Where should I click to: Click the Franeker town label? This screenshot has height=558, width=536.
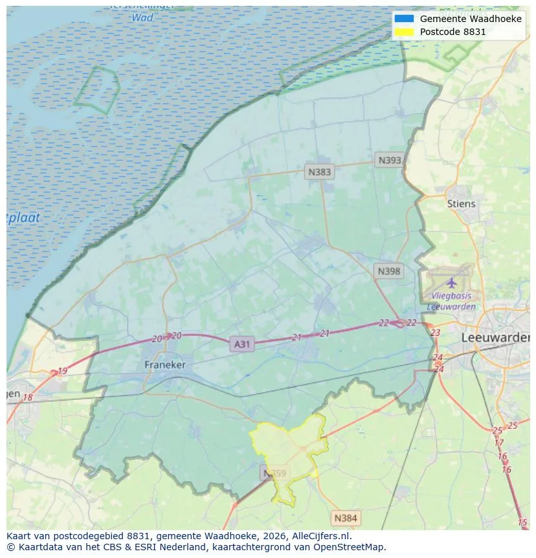pyautogui.click(x=164, y=365)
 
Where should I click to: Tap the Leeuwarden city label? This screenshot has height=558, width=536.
pyautogui.click(x=495, y=338)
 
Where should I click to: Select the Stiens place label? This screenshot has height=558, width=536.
pyautogui.click(x=461, y=203)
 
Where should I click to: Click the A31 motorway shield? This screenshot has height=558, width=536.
pyautogui.click(x=241, y=344)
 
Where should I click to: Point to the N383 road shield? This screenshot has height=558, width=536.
pyautogui.click(x=319, y=172)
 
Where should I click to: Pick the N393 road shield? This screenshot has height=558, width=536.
pyautogui.click(x=390, y=160)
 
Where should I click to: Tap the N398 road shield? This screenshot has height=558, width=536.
pyautogui.click(x=388, y=271)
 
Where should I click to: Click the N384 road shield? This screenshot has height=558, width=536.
pyautogui.click(x=345, y=518)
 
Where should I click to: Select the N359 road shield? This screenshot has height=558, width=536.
pyautogui.click(x=274, y=473)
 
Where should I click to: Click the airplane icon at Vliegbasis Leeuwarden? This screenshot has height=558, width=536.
pyautogui.click(x=451, y=283)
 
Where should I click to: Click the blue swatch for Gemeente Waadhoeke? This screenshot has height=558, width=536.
pyautogui.click(x=404, y=19)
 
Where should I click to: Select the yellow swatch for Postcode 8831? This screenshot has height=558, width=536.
pyautogui.click(x=404, y=31)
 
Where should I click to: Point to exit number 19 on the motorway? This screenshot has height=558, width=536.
pyautogui.click(x=62, y=371)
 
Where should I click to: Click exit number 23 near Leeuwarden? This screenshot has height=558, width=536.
pyautogui.click(x=435, y=332)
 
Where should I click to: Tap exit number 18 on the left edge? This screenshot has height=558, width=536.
pyautogui.click(x=28, y=397)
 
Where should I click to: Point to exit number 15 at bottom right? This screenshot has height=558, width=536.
pyautogui.click(x=522, y=522)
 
